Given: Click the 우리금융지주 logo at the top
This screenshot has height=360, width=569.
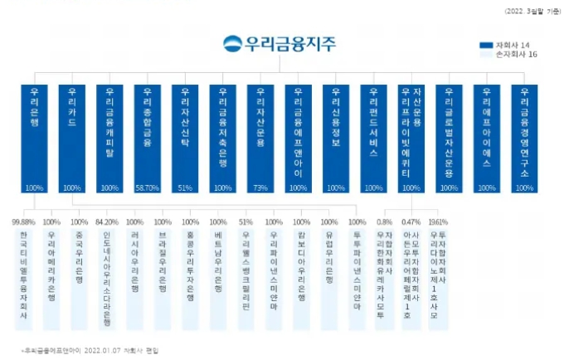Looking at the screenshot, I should point(279,44).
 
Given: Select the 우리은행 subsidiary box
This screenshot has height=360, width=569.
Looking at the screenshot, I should point(34,138).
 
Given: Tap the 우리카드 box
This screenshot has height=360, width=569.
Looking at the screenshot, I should point(72,138).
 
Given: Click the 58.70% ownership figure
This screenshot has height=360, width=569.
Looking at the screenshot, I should point(147,188).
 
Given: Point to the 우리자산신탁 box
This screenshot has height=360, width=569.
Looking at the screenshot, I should point(185,138).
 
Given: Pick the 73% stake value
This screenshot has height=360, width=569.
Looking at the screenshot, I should point(260,188).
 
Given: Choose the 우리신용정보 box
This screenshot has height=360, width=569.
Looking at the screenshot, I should point(335,138).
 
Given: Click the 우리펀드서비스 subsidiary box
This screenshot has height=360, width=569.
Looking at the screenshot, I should point(373,138).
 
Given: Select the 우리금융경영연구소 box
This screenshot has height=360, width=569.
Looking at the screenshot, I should point(523,138).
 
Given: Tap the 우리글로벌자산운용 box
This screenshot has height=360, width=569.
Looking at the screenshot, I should point(449,138).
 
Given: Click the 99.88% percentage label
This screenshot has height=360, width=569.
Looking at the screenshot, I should point(23,222).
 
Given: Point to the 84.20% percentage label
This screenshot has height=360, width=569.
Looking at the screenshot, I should point(107,222).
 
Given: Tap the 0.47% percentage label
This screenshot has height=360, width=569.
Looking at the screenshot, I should point(411,222).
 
